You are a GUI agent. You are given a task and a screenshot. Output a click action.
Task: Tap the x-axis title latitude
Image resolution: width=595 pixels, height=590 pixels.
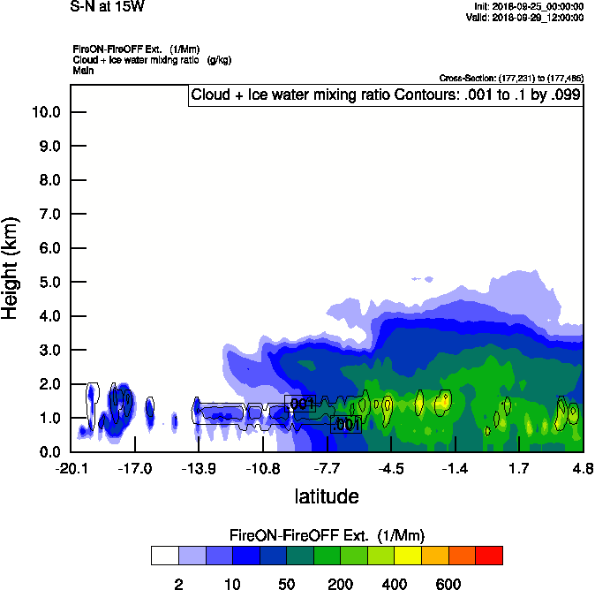coord(327,496)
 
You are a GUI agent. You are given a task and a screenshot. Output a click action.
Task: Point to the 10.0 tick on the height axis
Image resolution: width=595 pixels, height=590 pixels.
coord(45,112)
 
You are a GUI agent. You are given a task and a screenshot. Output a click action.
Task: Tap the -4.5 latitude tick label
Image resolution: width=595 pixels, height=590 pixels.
coord(391,467)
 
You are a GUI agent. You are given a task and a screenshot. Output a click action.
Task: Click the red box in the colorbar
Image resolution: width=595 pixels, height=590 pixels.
coord(489,556)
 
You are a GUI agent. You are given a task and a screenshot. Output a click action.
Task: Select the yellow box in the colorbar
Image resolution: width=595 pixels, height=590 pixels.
coord(408,556)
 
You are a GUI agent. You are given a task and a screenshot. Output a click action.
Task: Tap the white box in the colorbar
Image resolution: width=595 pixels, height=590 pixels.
coord(164,556)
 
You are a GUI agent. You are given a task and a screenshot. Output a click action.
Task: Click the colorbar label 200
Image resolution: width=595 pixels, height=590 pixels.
coord(340,584)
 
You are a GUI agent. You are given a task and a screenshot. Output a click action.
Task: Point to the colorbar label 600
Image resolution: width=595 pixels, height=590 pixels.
coord(448,584)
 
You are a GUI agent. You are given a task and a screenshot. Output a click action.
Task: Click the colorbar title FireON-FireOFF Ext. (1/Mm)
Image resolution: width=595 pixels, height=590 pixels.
coord(327,535)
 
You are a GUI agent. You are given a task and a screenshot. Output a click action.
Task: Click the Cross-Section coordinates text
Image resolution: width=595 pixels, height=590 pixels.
coord(511,78)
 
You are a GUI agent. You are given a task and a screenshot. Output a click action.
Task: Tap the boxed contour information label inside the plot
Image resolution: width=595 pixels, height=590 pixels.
coord(385,95)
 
